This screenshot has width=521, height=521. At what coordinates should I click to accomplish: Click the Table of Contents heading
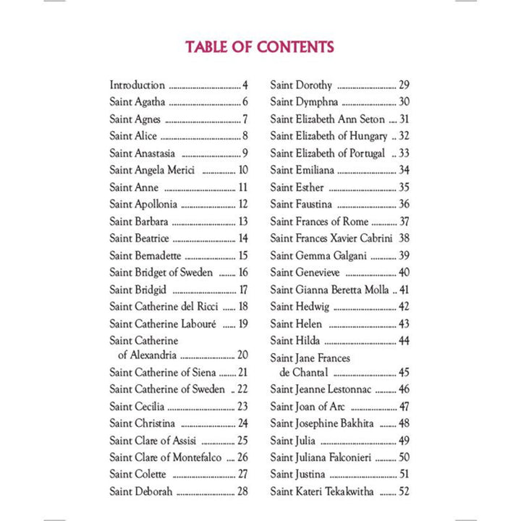pos(260,47)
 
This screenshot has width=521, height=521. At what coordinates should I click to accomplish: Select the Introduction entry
pos(137,85)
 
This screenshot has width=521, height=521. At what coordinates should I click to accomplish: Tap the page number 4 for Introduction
pos(245,85)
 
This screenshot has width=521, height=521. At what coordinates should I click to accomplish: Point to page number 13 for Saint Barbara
pos(242,221)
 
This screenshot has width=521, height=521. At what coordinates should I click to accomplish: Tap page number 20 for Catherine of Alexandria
pos(242,355)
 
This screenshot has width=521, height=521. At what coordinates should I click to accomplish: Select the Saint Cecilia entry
pos(137,407)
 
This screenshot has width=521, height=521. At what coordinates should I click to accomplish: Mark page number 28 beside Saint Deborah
pos(242,491)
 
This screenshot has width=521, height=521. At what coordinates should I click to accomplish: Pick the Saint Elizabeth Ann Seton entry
pos(328,119)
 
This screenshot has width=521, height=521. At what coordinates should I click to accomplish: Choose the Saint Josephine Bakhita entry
pos(322,423)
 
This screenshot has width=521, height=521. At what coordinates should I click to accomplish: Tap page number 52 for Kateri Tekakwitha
pos(404,491)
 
